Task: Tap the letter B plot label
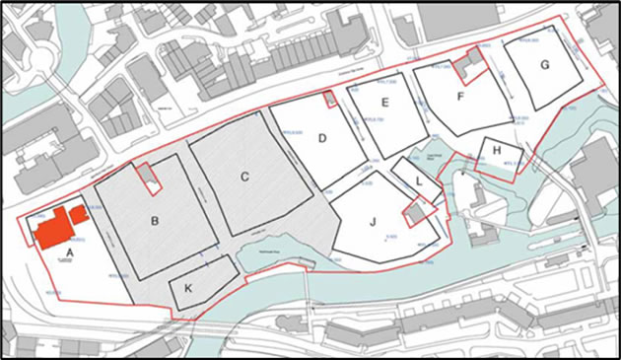pos(155,221)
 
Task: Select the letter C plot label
pos(243,178)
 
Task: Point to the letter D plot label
pos(321,139)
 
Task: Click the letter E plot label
pos(385,103)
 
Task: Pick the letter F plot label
pos(461,97)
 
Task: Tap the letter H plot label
pos(497,150)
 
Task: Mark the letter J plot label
pos(373,222)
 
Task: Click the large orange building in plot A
pos(53,229)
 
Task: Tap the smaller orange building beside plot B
pos(78,213)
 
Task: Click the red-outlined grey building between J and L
pos(417,212)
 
